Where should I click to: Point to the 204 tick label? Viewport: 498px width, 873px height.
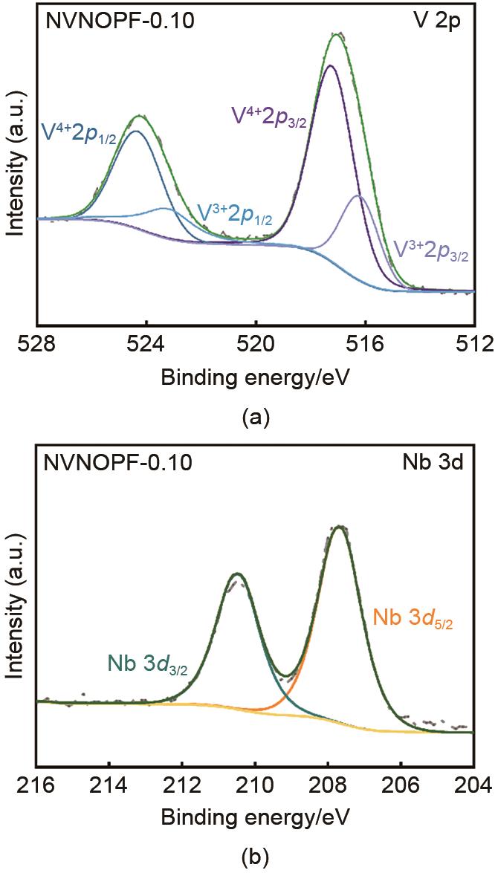[474, 786]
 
